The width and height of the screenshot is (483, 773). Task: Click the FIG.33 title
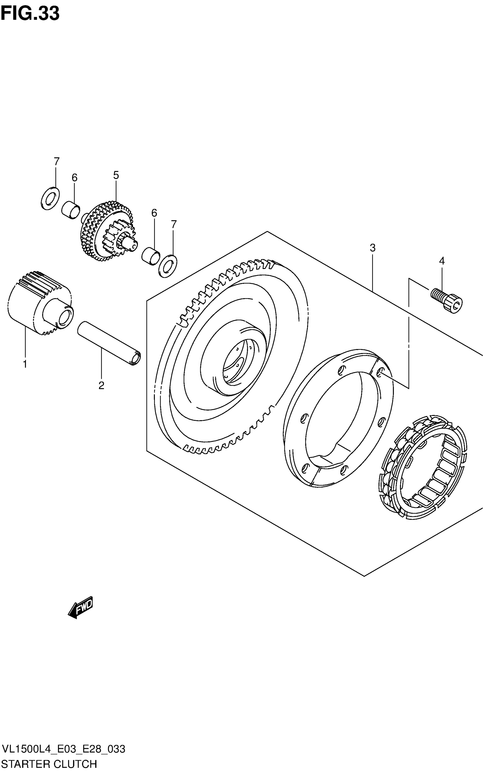click(x=30, y=14)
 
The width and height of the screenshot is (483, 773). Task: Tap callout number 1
click(x=25, y=364)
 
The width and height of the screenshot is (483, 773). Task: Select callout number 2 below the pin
click(x=101, y=386)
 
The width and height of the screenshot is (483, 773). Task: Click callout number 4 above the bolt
click(x=442, y=261)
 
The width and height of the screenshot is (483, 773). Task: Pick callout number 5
click(x=116, y=175)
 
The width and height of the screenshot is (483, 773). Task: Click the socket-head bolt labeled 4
click(x=447, y=300)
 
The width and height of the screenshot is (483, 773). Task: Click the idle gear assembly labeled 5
click(x=107, y=231)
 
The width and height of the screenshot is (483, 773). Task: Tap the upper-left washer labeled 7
click(x=50, y=199)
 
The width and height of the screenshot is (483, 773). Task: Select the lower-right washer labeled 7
click(x=168, y=265)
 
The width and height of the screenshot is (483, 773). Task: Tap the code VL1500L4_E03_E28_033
click(x=63, y=749)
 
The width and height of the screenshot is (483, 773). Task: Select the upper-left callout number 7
click(x=56, y=161)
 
